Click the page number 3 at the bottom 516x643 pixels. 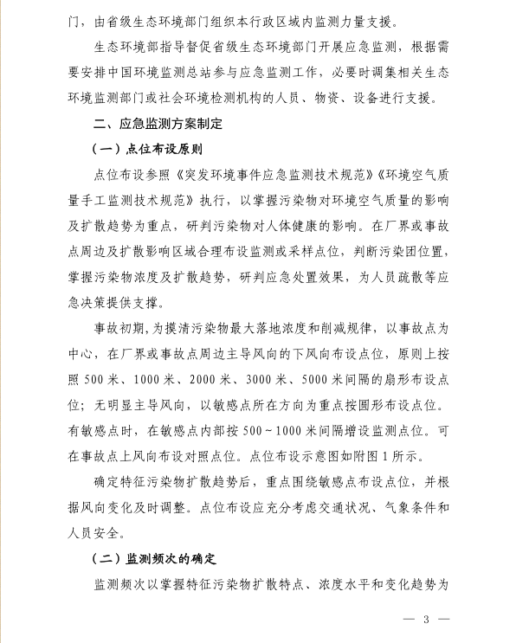coord(426,620)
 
